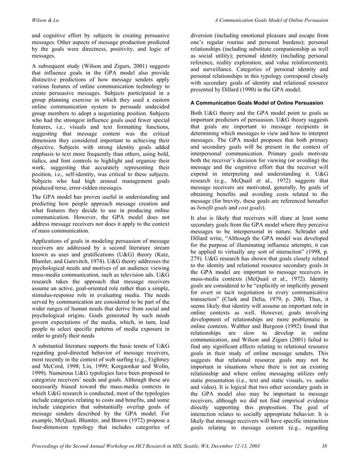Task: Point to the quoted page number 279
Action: point(198,247)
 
